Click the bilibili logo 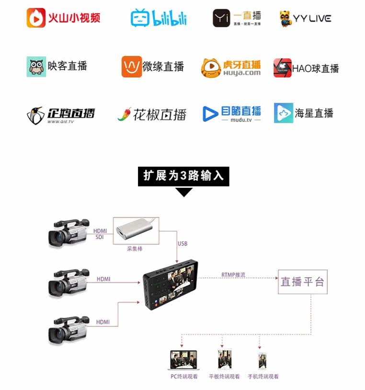(159, 18)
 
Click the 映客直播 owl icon (36, 66)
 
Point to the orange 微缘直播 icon (131, 66)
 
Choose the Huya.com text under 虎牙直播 (242, 73)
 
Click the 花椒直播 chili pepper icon (124, 114)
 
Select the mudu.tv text (241, 120)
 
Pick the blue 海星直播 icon (283, 113)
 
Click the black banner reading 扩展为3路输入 (183, 175)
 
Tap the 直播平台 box (302, 282)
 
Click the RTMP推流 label (234, 275)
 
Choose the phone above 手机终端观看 (262, 360)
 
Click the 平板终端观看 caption (224, 377)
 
